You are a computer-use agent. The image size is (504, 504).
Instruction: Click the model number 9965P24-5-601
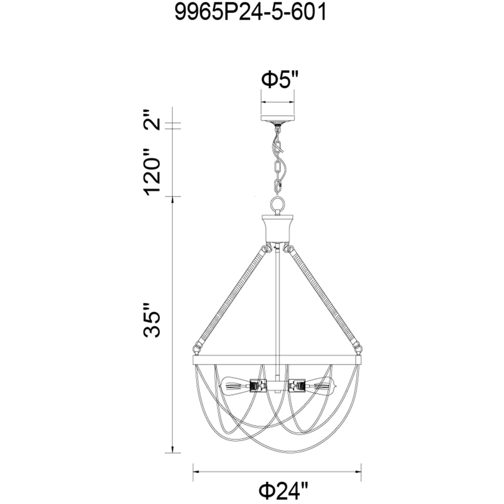point(251,13)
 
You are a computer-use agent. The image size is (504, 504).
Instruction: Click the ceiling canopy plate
point(277,118)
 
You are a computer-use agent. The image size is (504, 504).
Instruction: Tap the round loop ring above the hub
point(277,204)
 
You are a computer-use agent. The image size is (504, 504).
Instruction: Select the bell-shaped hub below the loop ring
point(277,228)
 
